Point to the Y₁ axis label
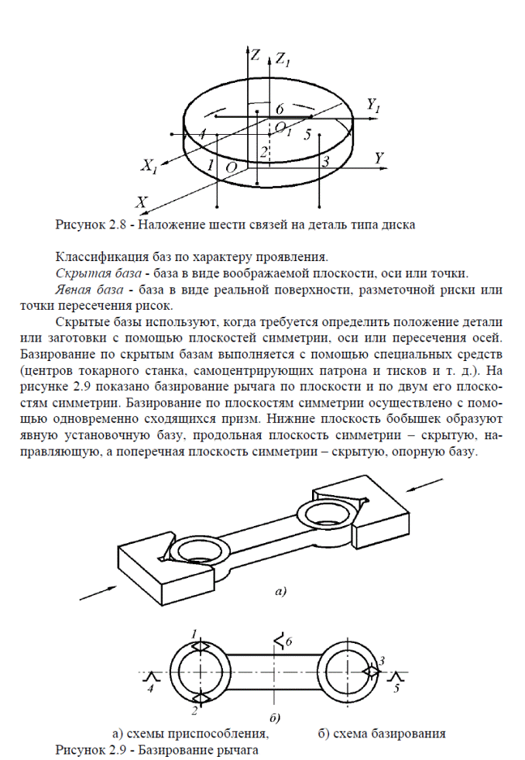click(374, 105)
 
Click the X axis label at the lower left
click(141, 201)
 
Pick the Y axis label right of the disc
click(379, 157)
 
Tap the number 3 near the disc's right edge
click(326, 161)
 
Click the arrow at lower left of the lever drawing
click(98, 590)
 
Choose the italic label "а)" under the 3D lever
click(280, 592)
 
